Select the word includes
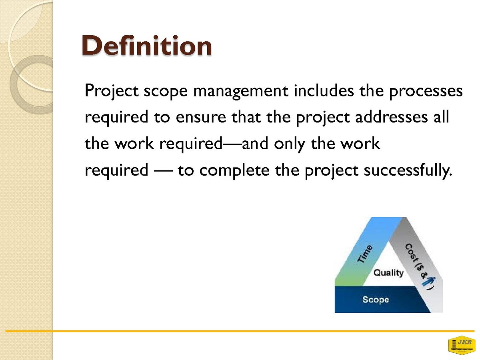pos(324,90)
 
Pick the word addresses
pos(391,117)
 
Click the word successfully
pos(408,171)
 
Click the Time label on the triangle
pos(365,253)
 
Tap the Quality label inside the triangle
pos(388,273)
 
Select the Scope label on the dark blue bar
pos(376,300)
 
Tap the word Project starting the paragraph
pos(111,91)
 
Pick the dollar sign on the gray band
pos(420,269)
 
